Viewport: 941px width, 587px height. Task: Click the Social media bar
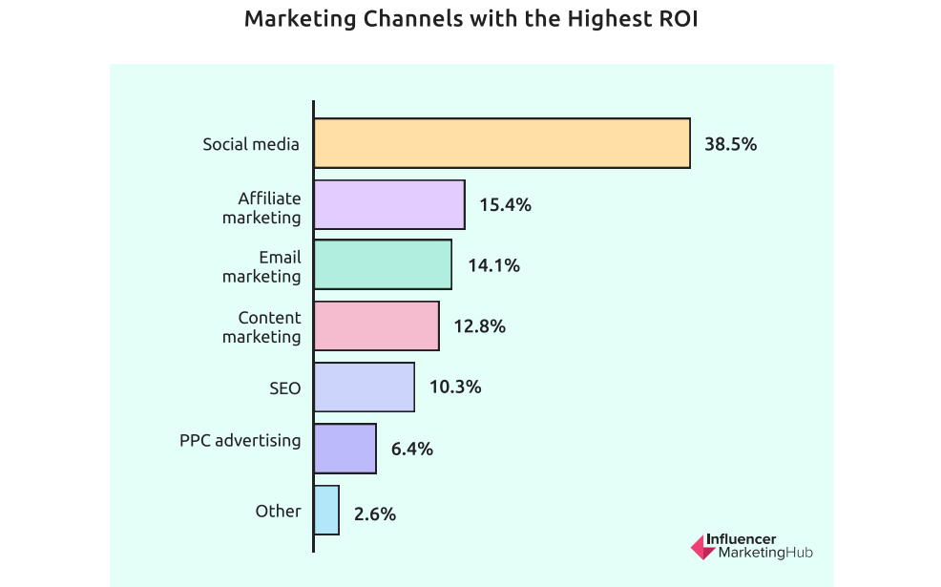502,143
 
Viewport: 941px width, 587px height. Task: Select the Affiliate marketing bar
389,204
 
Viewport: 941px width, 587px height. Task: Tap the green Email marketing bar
383,265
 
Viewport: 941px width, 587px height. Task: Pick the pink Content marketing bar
376,326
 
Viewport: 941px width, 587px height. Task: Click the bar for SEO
364,388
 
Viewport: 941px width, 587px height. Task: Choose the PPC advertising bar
345,449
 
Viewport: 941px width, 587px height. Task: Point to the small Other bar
326,510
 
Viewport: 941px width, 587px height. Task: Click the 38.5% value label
730,144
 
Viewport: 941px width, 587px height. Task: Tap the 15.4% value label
505,205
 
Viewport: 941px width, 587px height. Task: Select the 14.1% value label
493,266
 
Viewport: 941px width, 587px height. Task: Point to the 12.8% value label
479,326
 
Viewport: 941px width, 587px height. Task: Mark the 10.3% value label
455,388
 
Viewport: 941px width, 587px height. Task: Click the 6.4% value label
412,449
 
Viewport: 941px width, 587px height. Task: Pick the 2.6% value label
374,514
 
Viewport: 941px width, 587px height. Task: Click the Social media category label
251,145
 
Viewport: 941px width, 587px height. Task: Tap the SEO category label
284,388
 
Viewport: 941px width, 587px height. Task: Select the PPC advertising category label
240,441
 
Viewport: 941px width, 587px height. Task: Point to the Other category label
278,511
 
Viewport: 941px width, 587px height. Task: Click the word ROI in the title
674,19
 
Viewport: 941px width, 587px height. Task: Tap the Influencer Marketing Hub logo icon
701,546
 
